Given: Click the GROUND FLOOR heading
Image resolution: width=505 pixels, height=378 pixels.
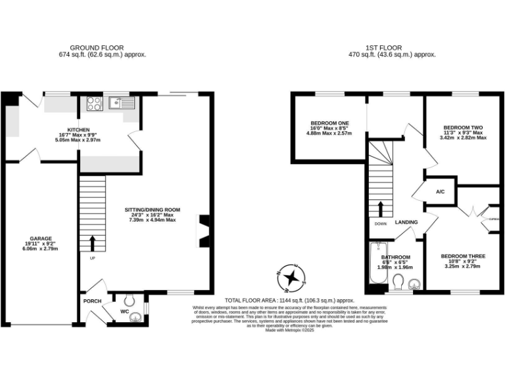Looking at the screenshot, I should tap(108, 48).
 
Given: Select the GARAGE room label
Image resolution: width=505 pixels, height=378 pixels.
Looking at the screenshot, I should tap(40, 238).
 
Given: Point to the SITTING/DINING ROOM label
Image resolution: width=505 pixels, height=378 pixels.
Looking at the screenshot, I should tap(153, 210).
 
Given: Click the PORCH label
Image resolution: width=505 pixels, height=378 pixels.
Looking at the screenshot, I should tap(91, 301).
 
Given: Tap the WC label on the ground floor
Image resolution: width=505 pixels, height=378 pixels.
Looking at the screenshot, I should tap(124, 312).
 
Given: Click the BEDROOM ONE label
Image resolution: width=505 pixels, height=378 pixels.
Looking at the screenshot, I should tap(329, 123).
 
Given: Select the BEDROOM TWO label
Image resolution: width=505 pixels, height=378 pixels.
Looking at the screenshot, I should tap(463, 127).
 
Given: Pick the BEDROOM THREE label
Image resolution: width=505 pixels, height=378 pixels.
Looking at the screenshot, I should tap(463, 256).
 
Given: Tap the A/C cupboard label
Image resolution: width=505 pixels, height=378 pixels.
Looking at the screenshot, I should tap(441, 192).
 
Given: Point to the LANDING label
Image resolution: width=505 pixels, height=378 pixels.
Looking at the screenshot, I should tap(406, 222).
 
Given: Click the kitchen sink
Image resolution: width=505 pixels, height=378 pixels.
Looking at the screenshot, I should tap(122, 102).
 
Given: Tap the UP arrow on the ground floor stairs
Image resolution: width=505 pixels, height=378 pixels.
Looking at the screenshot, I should tap(92, 243).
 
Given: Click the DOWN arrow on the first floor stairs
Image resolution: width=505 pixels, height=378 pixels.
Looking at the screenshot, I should tap(381, 208).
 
